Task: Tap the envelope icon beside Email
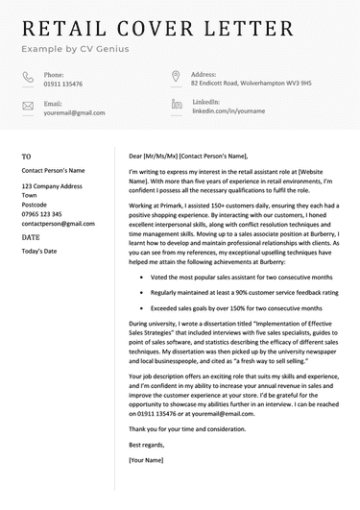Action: coord(27,107)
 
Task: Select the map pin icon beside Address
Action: coord(176,77)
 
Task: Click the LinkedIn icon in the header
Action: coord(176,104)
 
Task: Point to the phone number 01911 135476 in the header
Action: coord(62,84)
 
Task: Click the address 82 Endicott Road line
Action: coord(251,84)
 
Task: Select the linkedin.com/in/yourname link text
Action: coord(228,111)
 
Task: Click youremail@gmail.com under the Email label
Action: coord(74,112)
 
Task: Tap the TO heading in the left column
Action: coord(27,156)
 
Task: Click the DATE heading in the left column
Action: coord(31,236)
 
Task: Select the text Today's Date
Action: coord(39,251)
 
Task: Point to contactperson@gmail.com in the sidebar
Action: coord(58,223)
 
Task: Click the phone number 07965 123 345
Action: coord(42,214)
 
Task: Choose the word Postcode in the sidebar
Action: coord(35,204)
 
